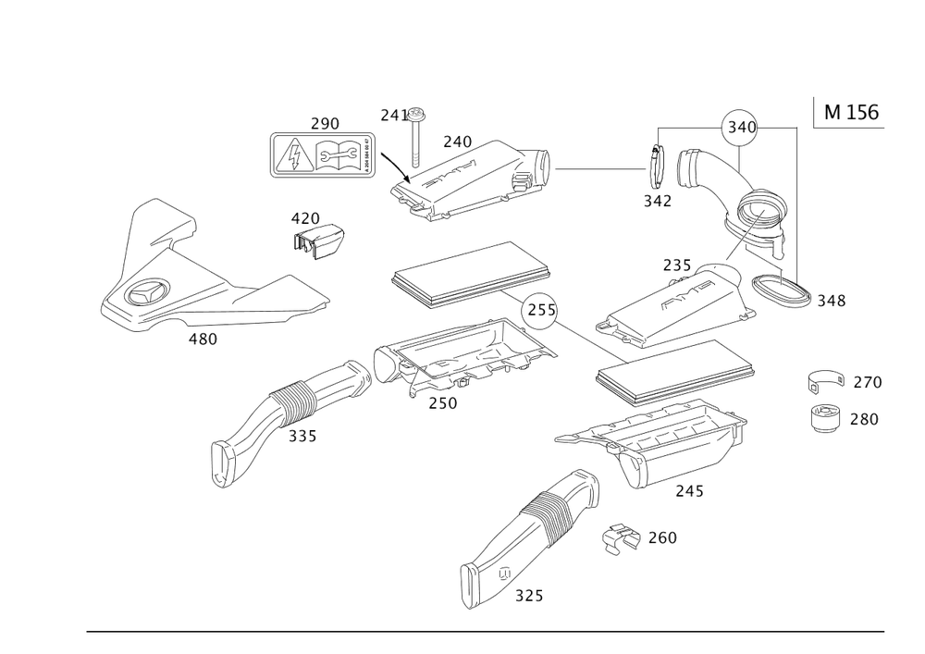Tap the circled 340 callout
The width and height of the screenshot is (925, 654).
(x=740, y=129)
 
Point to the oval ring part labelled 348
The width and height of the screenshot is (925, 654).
(x=783, y=291)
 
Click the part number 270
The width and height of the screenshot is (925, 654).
(x=867, y=381)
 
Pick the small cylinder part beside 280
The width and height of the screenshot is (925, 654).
(x=826, y=419)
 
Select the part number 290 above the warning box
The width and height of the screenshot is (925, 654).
(x=326, y=123)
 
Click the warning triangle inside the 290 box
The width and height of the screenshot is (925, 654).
(x=293, y=154)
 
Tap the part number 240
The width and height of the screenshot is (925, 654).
(x=456, y=141)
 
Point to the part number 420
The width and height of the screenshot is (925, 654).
(x=304, y=218)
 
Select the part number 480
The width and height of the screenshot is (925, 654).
(x=203, y=339)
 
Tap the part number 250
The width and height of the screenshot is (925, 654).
(x=442, y=402)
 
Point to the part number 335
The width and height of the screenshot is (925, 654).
(x=302, y=435)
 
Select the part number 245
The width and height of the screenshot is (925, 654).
(x=689, y=491)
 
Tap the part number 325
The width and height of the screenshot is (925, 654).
(x=529, y=596)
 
